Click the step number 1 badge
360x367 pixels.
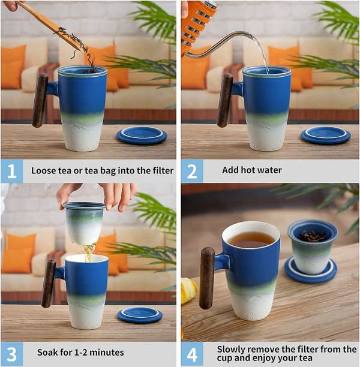(12, 171)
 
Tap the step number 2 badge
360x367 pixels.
(192, 171)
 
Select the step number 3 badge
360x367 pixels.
(12, 354)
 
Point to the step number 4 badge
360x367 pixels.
(192, 354)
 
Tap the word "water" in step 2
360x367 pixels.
(269, 170)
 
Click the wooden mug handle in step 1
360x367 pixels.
(40, 100)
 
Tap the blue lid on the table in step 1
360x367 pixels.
(142, 136)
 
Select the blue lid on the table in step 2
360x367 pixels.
(326, 136)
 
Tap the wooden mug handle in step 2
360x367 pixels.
(225, 100)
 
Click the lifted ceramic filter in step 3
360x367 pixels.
(84, 223)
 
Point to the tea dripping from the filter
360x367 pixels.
(89, 252)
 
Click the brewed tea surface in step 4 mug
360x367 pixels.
(251, 240)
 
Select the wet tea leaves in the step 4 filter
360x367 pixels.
(312, 236)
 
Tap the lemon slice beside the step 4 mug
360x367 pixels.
(188, 290)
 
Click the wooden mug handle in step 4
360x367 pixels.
(207, 278)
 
